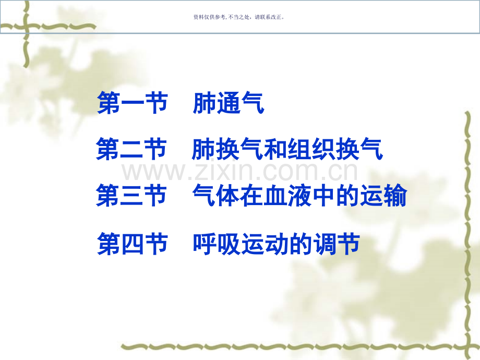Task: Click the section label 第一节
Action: tap(133, 104)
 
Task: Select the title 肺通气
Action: tap(228, 104)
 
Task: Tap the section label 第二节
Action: tap(131, 149)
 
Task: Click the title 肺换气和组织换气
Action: tap(287, 149)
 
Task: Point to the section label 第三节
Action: tap(131, 196)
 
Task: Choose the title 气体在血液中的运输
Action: tap(299, 196)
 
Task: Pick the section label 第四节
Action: tap(133, 244)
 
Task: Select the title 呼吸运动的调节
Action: tap(276, 244)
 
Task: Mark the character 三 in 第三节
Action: tap(131, 196)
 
